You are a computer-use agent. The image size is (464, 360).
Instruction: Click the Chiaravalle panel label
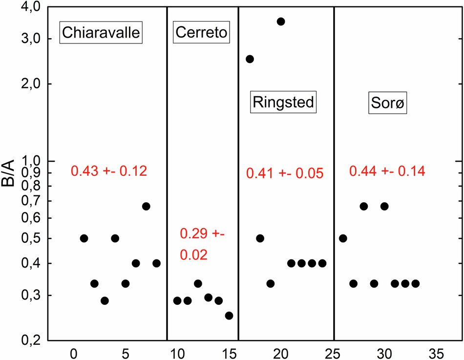(101, 33)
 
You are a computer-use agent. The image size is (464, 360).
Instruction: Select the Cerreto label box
(201, 33)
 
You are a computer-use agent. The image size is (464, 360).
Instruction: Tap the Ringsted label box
(282, 103)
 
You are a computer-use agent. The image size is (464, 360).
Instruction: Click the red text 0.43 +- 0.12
(109, 171)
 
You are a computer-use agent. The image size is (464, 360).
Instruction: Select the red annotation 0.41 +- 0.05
(285, 173)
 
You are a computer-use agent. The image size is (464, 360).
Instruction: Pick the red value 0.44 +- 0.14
(387, 171)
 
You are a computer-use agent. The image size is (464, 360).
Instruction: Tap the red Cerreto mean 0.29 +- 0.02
(202, 244)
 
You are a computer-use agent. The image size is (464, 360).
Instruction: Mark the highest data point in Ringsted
(281, 21)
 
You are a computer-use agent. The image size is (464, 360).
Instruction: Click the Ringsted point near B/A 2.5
(250, 59)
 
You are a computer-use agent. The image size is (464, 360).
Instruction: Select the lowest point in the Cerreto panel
(229, 316)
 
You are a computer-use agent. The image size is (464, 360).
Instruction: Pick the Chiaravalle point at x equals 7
(146, 206)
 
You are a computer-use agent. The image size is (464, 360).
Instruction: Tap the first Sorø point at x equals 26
(343, 238)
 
